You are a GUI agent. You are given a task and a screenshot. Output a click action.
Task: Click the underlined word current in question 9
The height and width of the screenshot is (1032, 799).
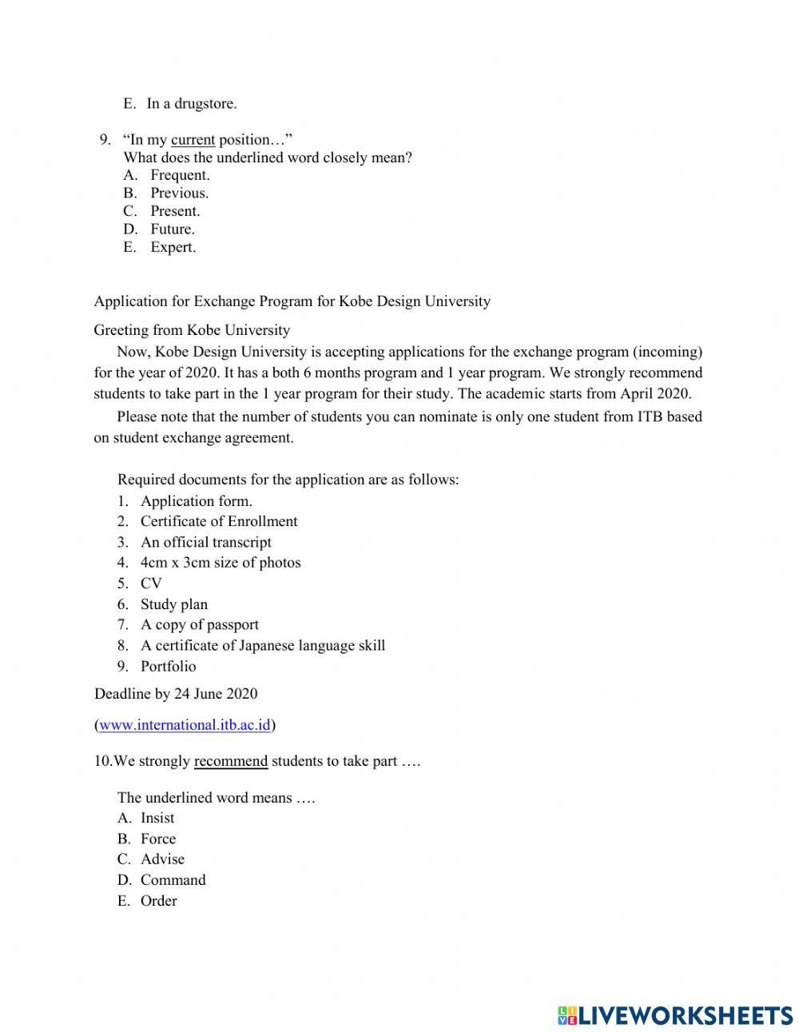tap(193, 140)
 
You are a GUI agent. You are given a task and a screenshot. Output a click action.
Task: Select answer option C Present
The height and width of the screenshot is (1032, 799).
tap(174, 211)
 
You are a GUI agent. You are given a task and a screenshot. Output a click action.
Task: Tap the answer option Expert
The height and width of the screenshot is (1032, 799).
tap(173, 247)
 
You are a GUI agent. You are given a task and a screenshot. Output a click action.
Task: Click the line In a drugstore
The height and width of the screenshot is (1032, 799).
tap(191, 103)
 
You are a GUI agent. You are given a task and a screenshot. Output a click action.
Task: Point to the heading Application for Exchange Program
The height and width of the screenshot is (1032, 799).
tap(292, 301)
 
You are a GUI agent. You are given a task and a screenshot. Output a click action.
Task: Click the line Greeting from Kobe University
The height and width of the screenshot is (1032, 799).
tap(192, 330)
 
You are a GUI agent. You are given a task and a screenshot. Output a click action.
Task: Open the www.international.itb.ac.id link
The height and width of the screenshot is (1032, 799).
tap(185, 725)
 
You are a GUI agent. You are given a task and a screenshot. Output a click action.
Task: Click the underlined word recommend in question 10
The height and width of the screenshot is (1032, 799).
tap(230, 761)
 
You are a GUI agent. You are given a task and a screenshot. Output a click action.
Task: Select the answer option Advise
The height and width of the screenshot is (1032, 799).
tap(162, 859)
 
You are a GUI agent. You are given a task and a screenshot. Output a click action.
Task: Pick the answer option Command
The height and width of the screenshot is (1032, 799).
tap(173, 880)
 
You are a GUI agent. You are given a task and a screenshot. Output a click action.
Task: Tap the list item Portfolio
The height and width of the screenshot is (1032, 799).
tap(168, 667)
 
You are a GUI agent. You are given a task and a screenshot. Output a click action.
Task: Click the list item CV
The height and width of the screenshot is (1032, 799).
tap(151, 584)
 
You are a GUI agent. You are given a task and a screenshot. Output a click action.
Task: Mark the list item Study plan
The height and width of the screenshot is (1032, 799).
tap(173, 604)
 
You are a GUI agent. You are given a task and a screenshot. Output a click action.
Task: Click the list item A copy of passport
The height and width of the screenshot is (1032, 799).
tap(199, 625)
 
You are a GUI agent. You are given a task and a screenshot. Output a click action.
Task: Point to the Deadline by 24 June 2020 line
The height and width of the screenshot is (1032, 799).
tap(176, 694)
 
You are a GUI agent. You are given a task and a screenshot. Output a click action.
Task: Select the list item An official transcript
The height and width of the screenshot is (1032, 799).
tap(205, 542)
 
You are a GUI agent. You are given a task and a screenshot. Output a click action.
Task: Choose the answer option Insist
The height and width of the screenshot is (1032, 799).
tap(157, 818)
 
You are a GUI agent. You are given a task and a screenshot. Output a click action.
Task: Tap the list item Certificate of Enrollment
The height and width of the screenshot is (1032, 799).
tap(218, 521)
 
